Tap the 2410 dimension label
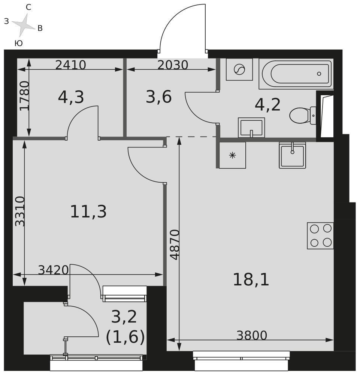tap(70, 65)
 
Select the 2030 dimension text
tap(172, 65)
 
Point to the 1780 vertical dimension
tap(24, 96)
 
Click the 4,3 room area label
tap(71, 97)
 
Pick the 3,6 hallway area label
tap(158, 97)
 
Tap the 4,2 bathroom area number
tap(267, 105)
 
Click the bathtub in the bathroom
tap(296, 73)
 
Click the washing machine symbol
tap(239, 69)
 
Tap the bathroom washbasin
tap(251, 127)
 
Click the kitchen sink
tap(292, 155)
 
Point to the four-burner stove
tap(320, 235)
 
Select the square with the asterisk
tap(232, 155)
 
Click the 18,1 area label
tap(251, 280)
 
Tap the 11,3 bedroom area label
tap(88, 212)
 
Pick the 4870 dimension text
tap(175, 245)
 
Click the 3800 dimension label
tap(252, 335)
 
